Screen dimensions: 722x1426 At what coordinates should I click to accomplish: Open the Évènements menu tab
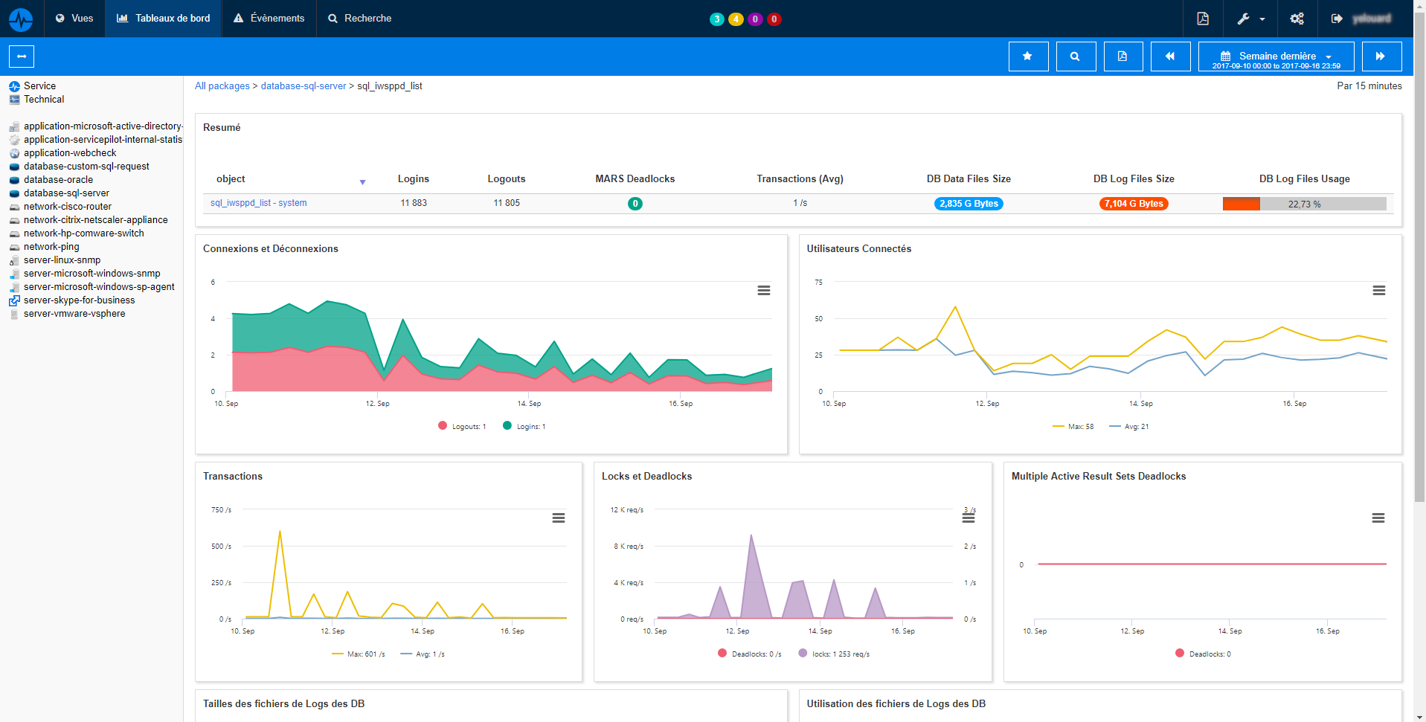tap(269, 19)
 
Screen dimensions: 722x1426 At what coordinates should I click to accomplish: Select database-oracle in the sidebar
tap(58, 180)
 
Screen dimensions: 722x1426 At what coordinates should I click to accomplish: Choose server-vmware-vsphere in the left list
tap(74, 314)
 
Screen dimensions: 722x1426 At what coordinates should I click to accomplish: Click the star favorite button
tap(1027, 57)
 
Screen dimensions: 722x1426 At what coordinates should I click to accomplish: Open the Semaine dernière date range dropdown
tap(1276, 57)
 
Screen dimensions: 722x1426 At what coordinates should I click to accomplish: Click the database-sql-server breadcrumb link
tap(303, 86)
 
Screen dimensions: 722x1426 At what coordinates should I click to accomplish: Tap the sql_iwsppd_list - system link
tap(258, 203)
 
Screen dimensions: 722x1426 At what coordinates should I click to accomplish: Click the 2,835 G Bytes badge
tap(968, 204)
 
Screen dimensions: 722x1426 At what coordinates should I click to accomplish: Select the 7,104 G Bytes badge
tap(1133, 204)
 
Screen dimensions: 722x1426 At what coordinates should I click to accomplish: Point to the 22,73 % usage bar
tap(1304, 204)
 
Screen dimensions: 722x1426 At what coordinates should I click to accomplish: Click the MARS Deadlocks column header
tap(635, 179)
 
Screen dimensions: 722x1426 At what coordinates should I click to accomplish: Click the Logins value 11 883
tap(414, 203)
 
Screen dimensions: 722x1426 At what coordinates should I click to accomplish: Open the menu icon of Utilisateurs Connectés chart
tap(1378, 291)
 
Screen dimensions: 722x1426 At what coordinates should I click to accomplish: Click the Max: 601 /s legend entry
tap(359, 654)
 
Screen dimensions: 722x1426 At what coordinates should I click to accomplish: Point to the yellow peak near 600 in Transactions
tap(280, 532)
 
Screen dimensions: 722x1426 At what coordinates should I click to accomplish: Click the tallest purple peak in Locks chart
tap(751, 536)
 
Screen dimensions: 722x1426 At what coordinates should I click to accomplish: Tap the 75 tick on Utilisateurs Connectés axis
tap(818, 283)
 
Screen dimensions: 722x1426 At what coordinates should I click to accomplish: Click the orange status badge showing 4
tap(736, 19)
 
